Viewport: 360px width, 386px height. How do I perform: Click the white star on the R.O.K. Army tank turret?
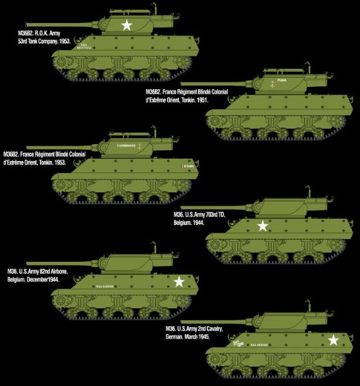[x=127, y=25]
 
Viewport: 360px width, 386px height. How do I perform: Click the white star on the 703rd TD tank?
[x=262, y=226]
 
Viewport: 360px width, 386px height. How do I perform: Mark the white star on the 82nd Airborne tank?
[x=178, y=281]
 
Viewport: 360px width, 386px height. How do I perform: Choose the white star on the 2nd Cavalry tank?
[x=333, y=340]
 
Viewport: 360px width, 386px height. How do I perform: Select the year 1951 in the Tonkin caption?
[x=201, y=100]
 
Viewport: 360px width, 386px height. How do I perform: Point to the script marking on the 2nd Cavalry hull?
[x=239, y=343]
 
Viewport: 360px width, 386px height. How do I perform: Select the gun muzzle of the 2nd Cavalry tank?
[x=182, y=321]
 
